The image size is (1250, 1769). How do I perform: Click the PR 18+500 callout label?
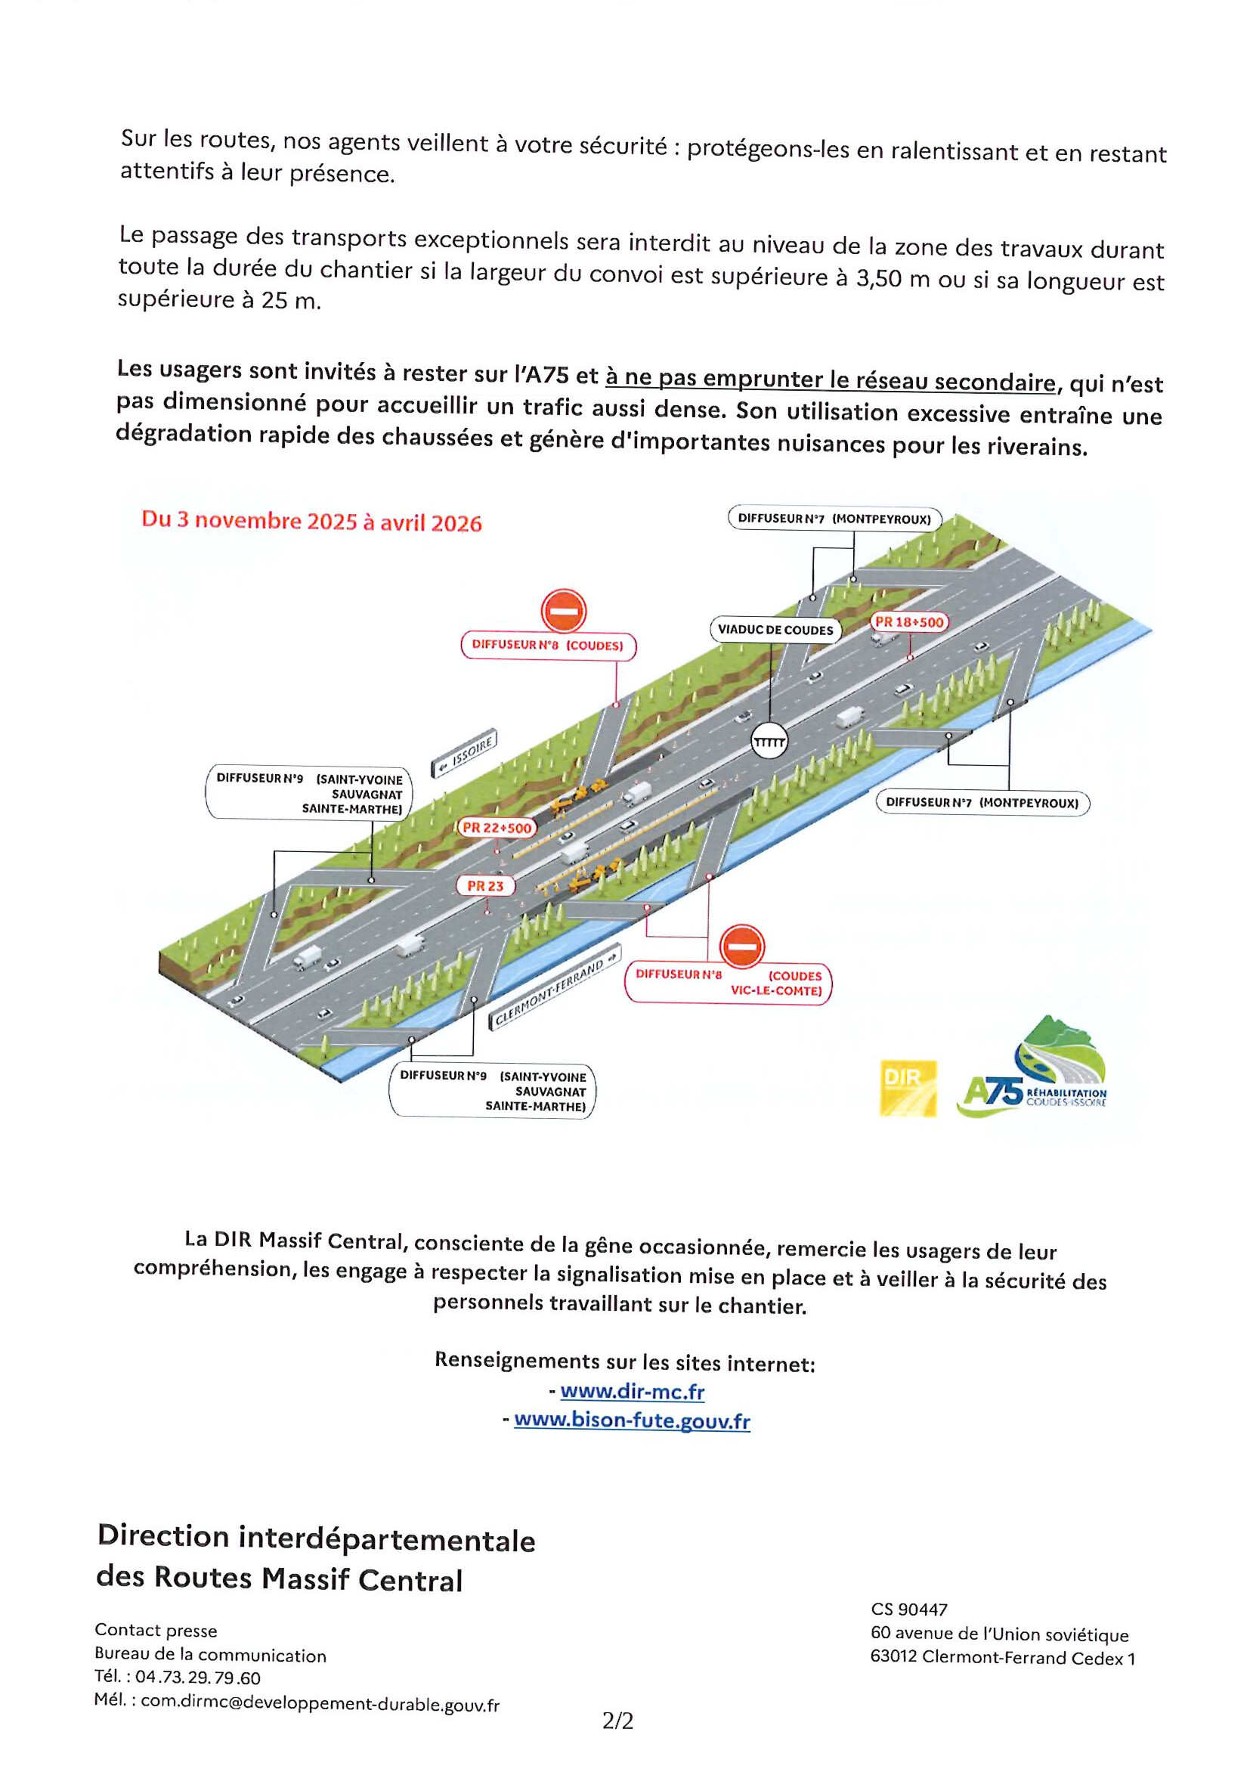click(909, 621)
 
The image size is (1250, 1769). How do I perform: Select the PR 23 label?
click(484, 886)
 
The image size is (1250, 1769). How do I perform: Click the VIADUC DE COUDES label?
click(775, 630)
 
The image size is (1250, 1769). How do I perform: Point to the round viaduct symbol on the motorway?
click(769, 742)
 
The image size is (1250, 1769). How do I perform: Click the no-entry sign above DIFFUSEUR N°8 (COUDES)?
click(564, 610)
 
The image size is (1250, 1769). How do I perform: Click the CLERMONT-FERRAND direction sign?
click(556, 987)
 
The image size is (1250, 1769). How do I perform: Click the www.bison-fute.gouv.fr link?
click(632, 1420)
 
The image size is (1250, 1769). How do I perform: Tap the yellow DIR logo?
click(909, 1088)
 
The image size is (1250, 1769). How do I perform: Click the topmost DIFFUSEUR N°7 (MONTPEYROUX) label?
click(834, 519)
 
